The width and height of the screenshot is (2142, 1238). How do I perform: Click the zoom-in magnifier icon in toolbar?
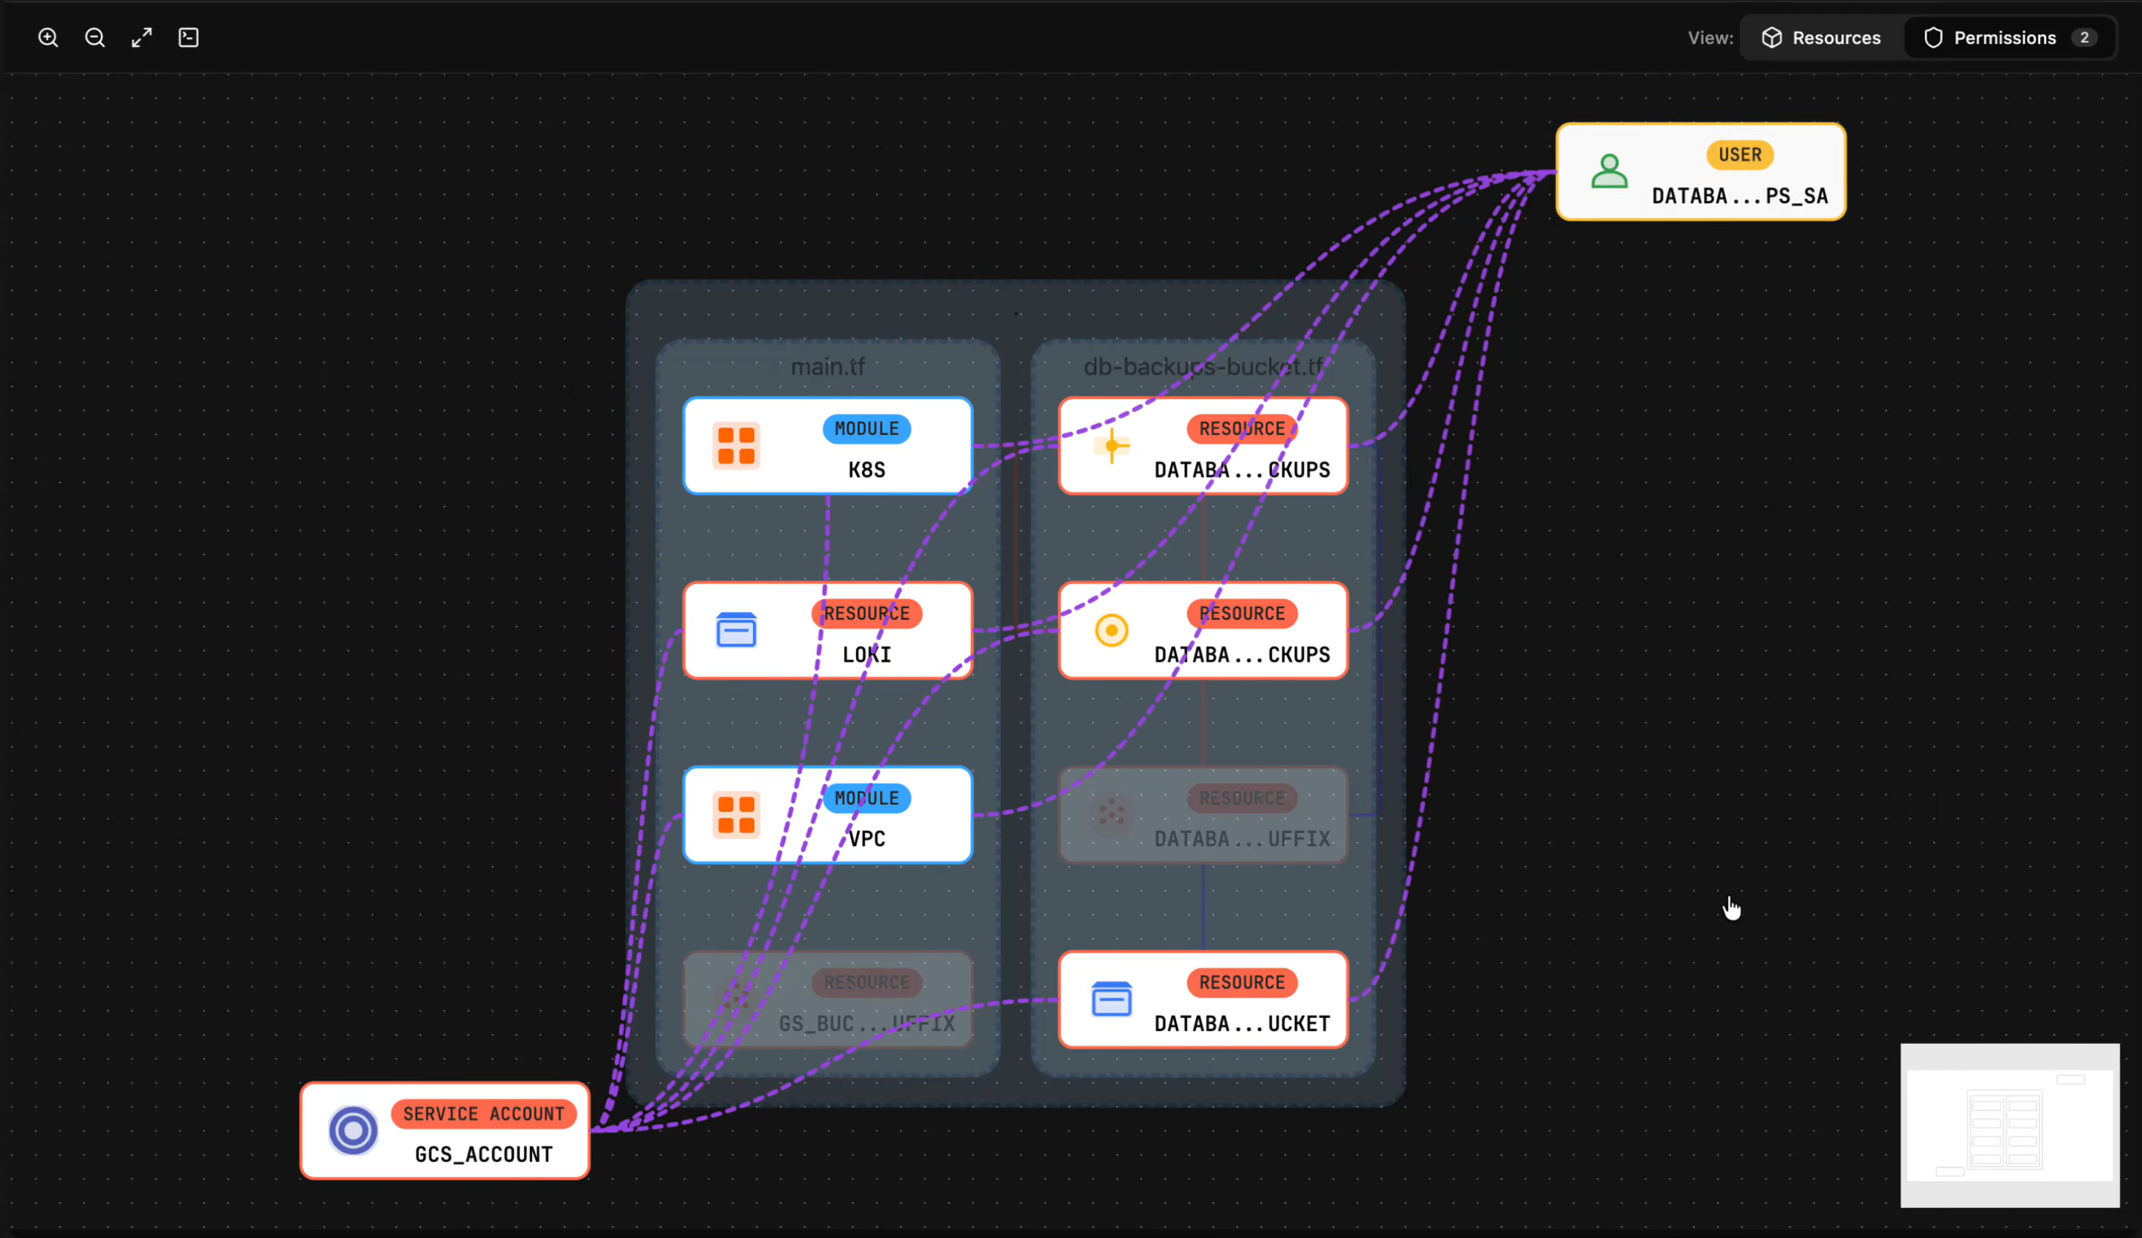(x=48, y=37)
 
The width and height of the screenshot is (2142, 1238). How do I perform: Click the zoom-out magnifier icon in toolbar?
(x=95, y=37)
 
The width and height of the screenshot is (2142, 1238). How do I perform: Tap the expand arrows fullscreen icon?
(x=142, y=37)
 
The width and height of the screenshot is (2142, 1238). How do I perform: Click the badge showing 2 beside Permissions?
(x=2084, y=37)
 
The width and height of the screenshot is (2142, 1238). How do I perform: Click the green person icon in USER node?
(x=1609, y=172)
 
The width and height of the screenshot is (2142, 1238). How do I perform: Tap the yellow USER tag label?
(x=1739, y=155)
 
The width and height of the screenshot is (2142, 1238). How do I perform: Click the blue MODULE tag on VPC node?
(x=866, y=798)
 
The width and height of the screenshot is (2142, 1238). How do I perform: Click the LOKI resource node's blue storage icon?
(x=736, y=631)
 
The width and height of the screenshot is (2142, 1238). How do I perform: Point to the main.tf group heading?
(x=827, y=366)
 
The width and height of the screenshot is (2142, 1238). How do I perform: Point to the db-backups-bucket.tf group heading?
(x=1203, y=366)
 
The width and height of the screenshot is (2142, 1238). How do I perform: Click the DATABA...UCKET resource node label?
(x=1241, y=1023)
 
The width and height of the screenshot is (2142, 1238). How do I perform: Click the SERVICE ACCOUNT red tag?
(x=482, y=1113)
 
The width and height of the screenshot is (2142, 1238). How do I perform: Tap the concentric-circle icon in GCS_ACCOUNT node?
(x=354, y=1130)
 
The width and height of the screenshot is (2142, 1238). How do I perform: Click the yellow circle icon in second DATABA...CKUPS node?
(x=1111, y=631)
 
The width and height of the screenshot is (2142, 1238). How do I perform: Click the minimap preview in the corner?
(x=2010, y=1125)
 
